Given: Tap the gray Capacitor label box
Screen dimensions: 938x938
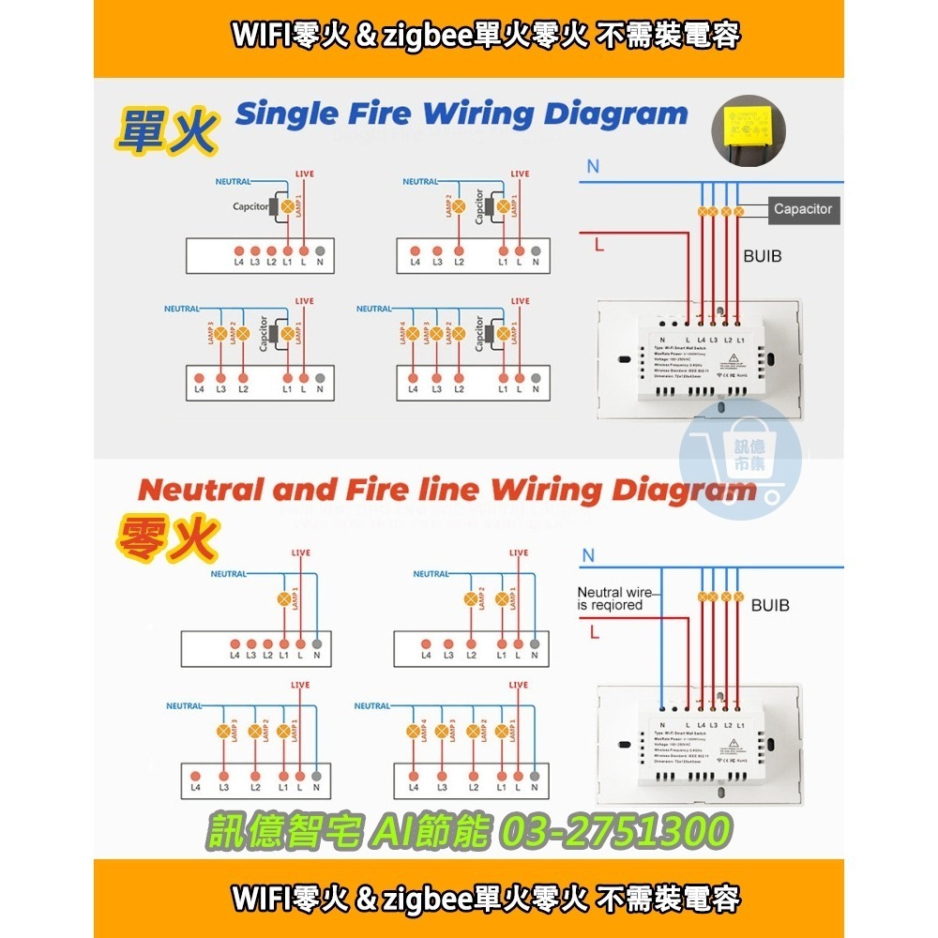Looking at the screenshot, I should (x=802, y=209).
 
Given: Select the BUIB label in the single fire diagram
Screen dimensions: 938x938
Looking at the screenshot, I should (x=763, y=254).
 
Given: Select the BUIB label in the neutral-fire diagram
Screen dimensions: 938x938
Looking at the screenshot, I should (x=770, y=606).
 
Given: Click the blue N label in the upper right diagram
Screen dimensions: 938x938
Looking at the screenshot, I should (x=593, y=167).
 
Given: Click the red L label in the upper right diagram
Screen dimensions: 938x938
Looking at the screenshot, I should (x=598, y=245).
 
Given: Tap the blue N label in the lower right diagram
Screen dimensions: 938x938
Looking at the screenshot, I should (x=588, y=555).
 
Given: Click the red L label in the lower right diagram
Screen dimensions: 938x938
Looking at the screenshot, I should (x=595, y=633).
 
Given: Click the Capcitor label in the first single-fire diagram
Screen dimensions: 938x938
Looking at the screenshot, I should (x=250, y=206).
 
